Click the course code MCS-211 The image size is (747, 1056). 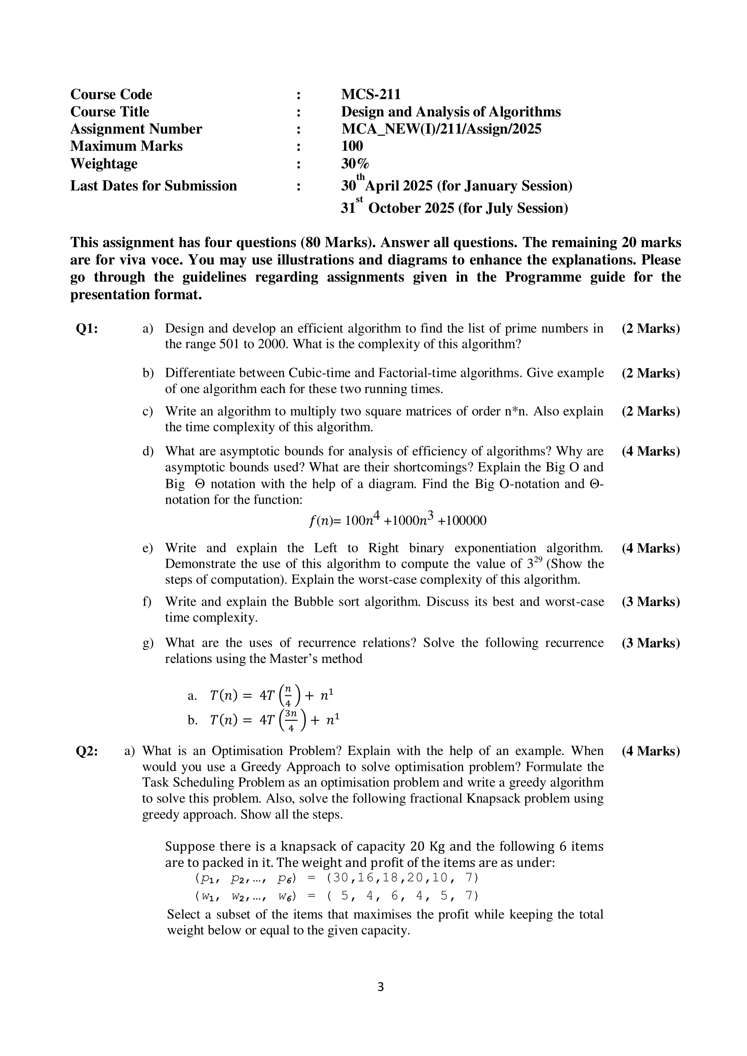pos(370,94)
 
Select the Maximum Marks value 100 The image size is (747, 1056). pos(352,146)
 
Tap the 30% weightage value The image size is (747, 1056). pos(355,163)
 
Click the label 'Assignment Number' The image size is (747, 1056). pos(136,129)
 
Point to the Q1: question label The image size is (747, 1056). pos(87,329)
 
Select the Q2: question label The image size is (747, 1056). pos(87,751)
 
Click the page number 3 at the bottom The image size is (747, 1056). pos(380,1000)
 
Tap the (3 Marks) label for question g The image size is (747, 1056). pos(650,643)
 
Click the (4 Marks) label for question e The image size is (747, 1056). pos(650,548)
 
